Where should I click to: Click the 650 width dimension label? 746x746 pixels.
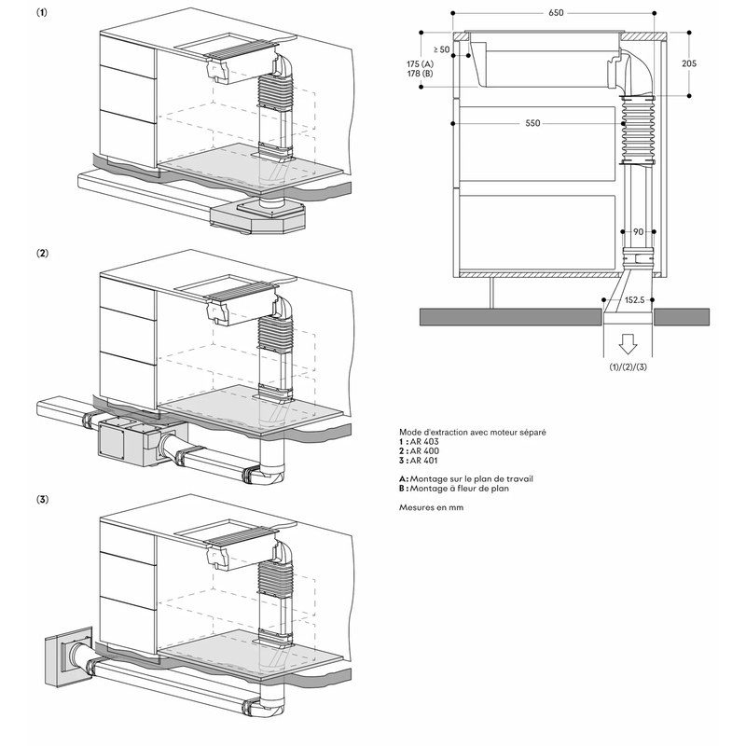point(556,13)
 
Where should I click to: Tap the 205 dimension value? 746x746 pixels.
point(689,63)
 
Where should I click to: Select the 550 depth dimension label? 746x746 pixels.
point(532,123)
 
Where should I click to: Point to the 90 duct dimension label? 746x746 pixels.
point(638,231)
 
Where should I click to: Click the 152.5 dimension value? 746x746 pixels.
point(634,300)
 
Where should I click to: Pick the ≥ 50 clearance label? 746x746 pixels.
point(441,49)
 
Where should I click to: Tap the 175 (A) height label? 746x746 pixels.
point(421,63)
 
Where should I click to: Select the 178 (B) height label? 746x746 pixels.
point(421,74)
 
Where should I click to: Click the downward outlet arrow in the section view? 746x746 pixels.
point(628,343)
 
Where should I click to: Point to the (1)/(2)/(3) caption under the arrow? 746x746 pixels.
point(628,367)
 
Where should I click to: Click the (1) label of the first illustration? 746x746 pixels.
point(42,12)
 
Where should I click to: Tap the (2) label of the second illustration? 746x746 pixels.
point(42,253)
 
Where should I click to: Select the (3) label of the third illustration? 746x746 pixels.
point(42,499)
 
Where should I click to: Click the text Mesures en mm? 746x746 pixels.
point(431,507)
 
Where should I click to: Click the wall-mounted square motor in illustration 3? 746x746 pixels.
point(68,656)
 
